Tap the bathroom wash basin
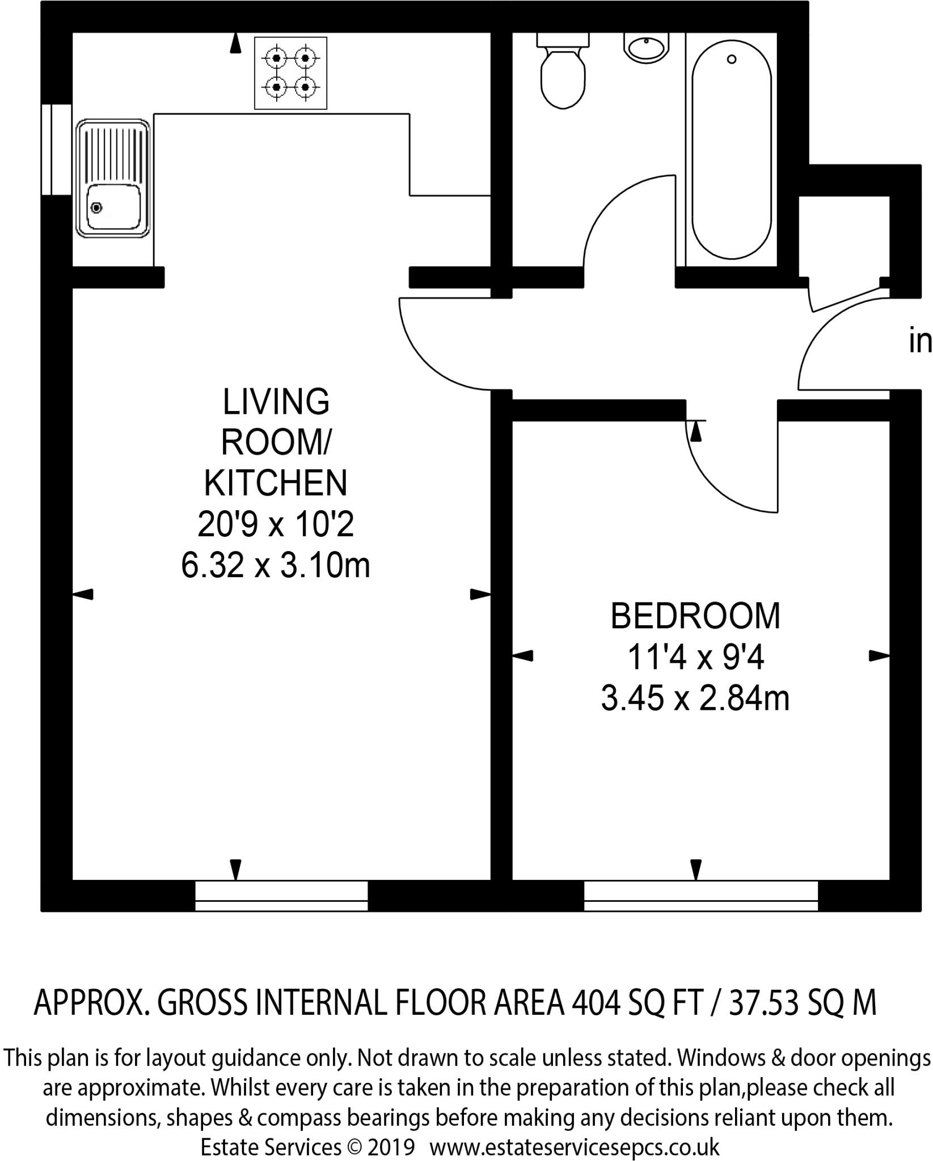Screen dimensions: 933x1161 pyautogui.click(x=646, y=46)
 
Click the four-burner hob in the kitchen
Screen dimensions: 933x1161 pyautogui.click(x=291, y=73)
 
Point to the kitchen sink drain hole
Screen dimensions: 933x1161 pyautogui.click(x=97, y=208)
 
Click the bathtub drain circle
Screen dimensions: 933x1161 pyautogui.click(x=732, y=59)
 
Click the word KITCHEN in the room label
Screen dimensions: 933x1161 pyautogui.click(x=276, y=483)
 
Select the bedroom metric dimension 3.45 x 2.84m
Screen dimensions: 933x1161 pyautogui.click(x=695, y=699)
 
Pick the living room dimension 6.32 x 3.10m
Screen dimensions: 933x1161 pyautogui.click(x=276, y=565)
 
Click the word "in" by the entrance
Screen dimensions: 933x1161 pyautogui.click(x=920, y=342)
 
